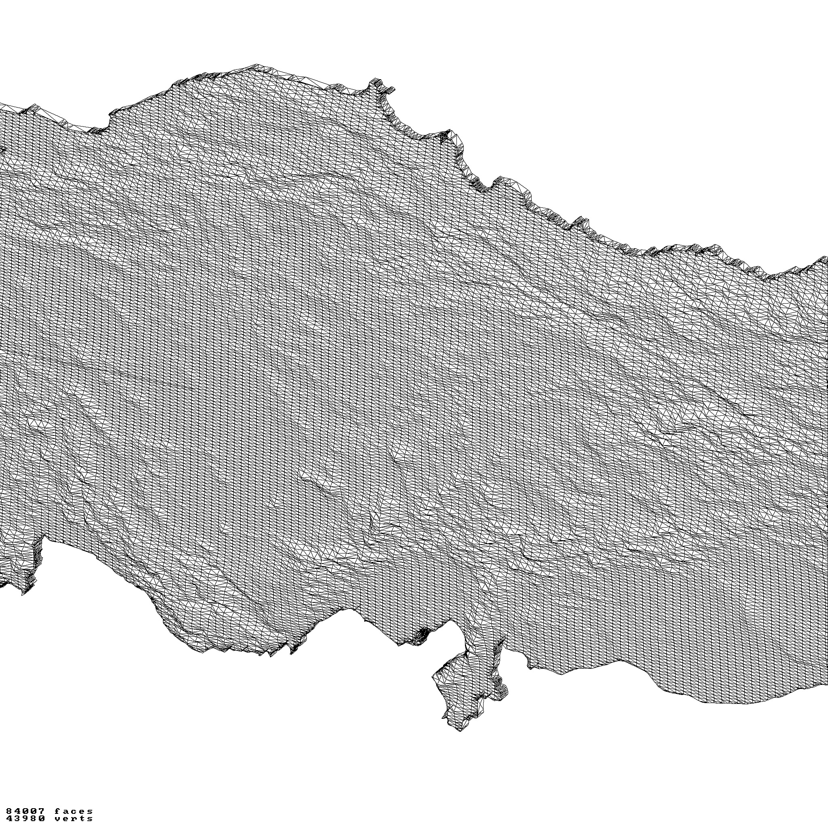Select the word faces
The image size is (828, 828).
click(x=74, y=811)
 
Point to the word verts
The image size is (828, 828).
click(x=74, y=819)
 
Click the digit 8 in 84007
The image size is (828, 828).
click(x=9, y=811)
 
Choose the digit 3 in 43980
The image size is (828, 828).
click(x=17, y=819)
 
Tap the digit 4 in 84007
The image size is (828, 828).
click(x=17, y=811)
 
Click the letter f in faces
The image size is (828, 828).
click(x=58, y=811)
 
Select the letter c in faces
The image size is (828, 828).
click(x=74, y=811)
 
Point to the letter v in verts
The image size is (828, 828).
click(x=58, y=819)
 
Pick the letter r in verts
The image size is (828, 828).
click(x=74, y=819)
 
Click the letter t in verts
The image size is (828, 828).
click(x=81, y=819)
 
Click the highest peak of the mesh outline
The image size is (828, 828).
click(x=257, y=65)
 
